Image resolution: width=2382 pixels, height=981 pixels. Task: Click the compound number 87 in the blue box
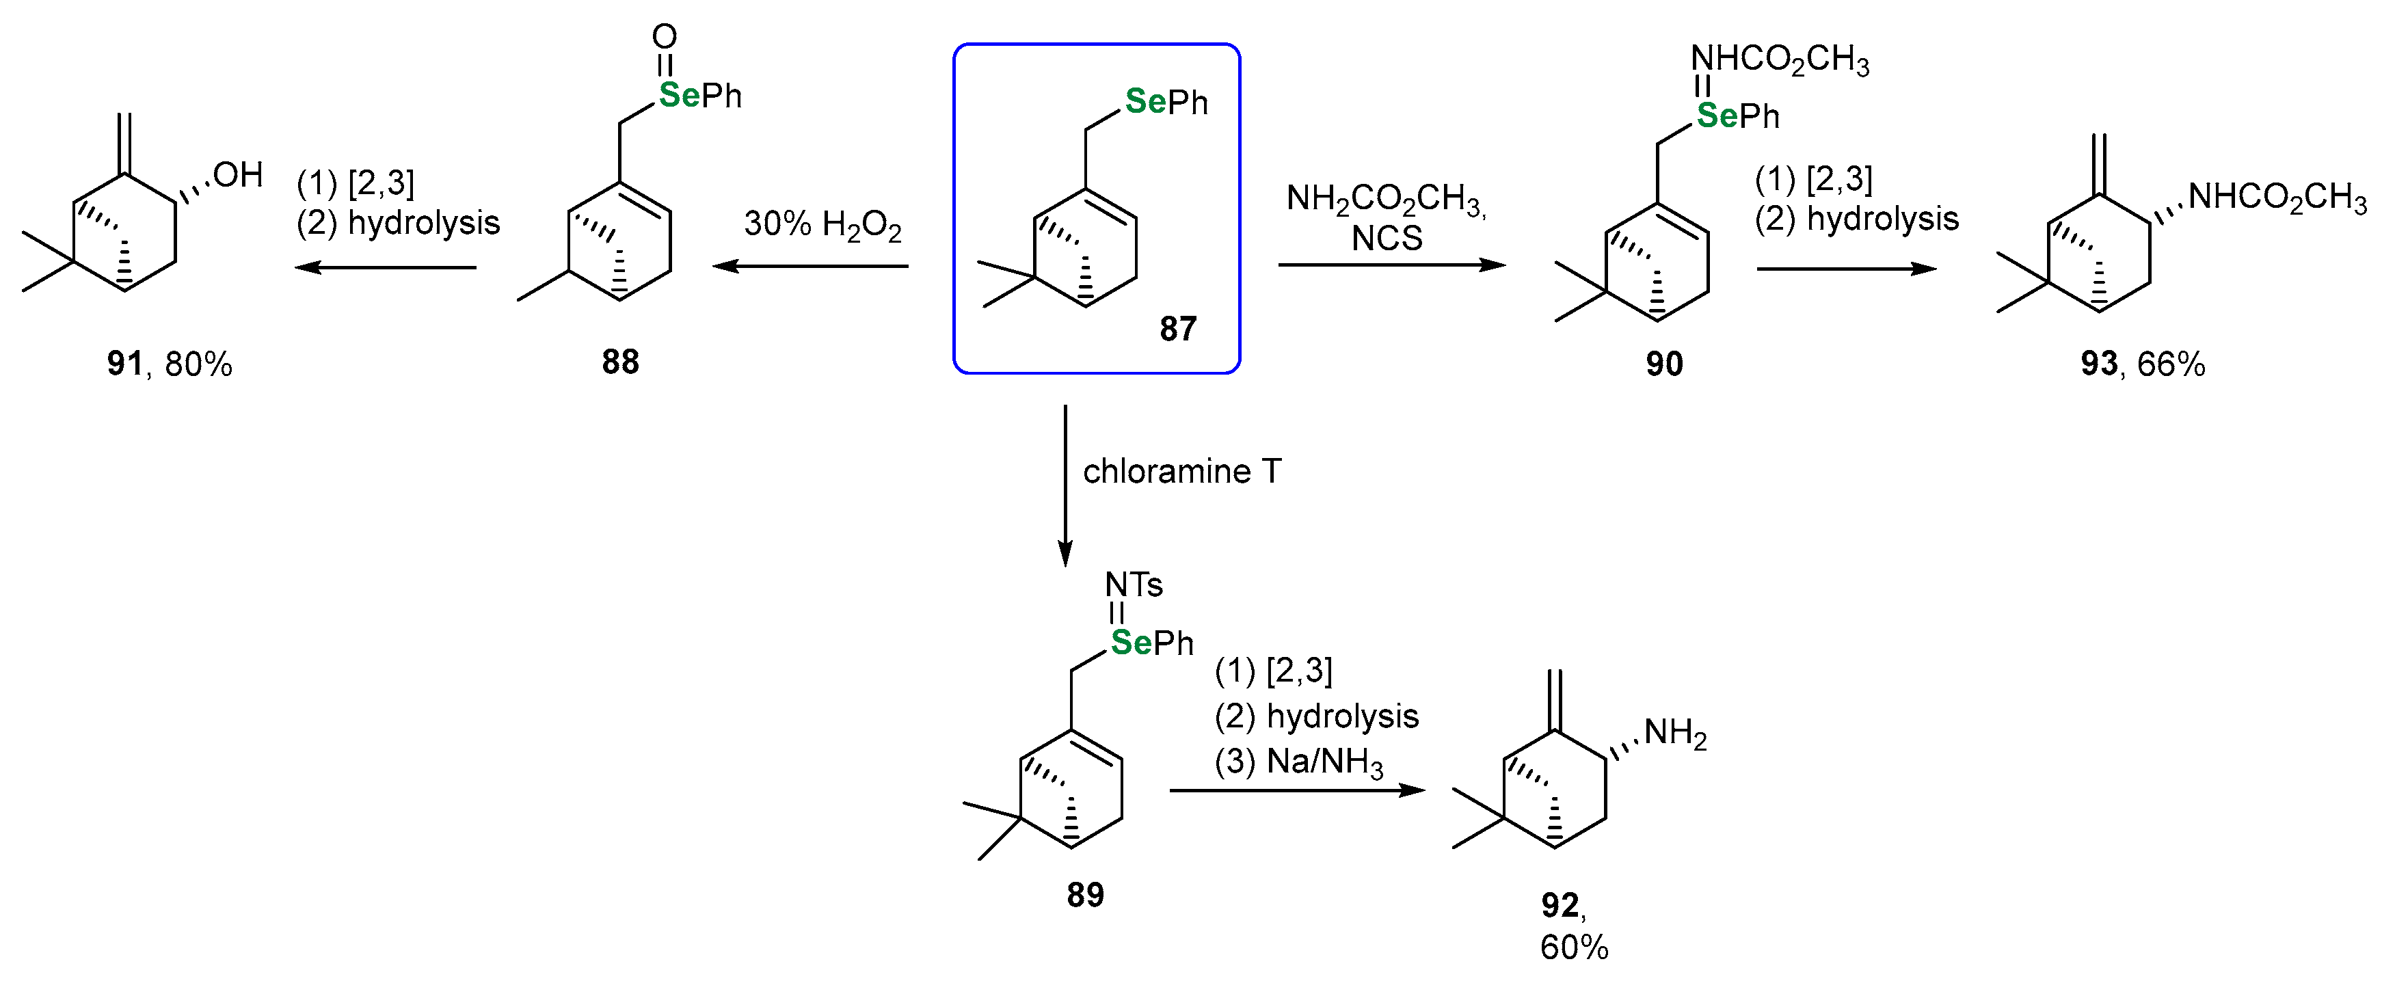(x=1177, y=328)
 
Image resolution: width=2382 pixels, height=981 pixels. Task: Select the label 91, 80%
(x=170, y=364)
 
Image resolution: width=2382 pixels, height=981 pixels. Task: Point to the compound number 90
(x=1663, y=364)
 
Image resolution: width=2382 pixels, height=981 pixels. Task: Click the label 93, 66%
(x=2143, y=364)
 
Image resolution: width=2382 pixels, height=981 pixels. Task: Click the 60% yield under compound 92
(x=1574, y=948)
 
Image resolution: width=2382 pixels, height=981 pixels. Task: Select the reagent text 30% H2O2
(x=822, y=225)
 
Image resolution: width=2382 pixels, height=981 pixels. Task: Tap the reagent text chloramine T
(x=1181, y=472)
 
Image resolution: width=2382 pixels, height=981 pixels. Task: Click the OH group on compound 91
(x=238, y=175)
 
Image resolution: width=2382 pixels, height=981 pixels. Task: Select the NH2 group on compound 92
(x=1674, y=734)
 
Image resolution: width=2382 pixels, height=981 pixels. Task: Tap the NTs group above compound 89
(x=1133, y=584)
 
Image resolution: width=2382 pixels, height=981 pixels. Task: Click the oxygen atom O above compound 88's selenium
(x=664, y=37)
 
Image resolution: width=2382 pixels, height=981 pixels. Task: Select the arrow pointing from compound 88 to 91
(x=385, y=268)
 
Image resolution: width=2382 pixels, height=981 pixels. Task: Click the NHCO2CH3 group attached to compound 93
(x=2277, y=197)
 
